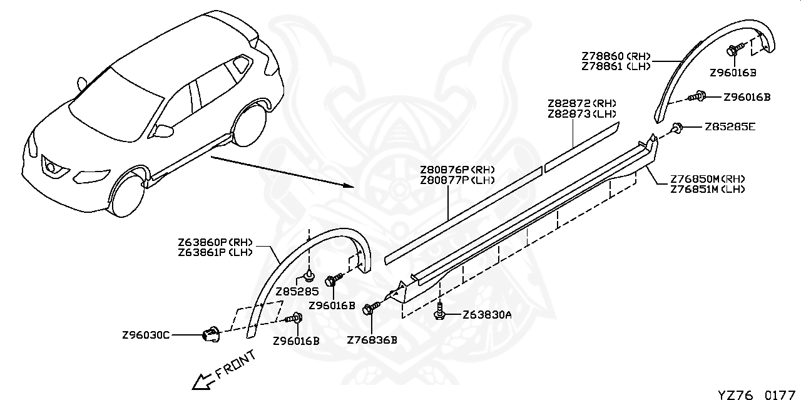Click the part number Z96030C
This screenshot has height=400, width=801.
click(146, 336)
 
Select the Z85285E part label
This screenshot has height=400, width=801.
click(730, 127)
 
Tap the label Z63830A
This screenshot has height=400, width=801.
click(487, 315)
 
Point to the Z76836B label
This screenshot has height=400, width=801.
click(372, 340)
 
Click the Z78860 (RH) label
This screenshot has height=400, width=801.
click(616, 56)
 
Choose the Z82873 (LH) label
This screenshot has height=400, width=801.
click(582, 114)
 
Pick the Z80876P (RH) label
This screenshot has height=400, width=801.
click(457, 169)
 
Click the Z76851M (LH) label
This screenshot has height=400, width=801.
click(707, 189)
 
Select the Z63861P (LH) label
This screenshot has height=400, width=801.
click(215, 253)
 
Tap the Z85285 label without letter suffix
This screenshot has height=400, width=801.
click(297, 292)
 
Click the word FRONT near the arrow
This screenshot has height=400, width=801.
click(236, 365)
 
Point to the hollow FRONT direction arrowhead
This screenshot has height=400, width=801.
click(202, 381)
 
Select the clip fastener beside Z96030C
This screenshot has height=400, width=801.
click(211, 334)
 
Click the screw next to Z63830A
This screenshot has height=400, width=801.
click(439, 311)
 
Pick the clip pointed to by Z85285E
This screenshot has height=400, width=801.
click(676, 127)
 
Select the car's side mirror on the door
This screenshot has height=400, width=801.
click(165, 131)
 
